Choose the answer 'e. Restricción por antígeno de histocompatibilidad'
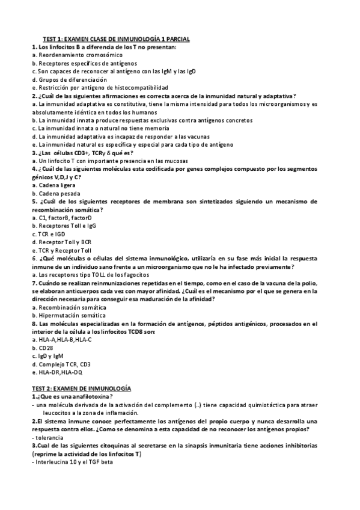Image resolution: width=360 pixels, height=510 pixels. pyautogui.click(x=99, y=88)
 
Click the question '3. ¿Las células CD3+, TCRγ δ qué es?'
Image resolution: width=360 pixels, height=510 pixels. pyautogui.click(x=82, y=153)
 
